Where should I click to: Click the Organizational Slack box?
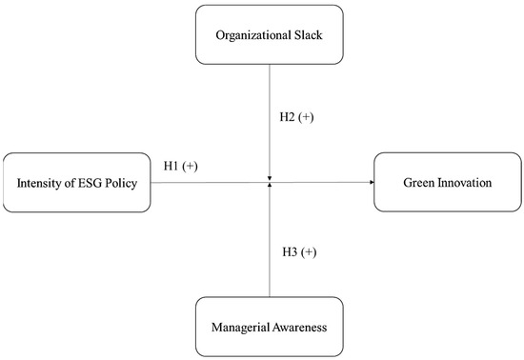tap(270, 35)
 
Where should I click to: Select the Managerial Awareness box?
tap(270, 327)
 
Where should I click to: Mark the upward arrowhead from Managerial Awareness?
tap(271, 186)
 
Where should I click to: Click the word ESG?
tap(94, 182)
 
